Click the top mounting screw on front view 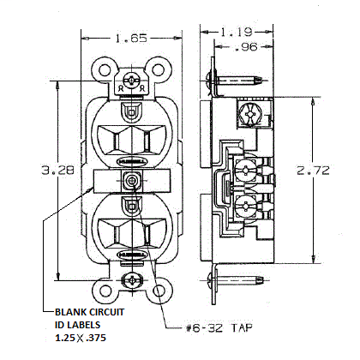point(132,76)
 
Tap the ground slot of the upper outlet point(132,111)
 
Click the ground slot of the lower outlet point(132,206)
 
